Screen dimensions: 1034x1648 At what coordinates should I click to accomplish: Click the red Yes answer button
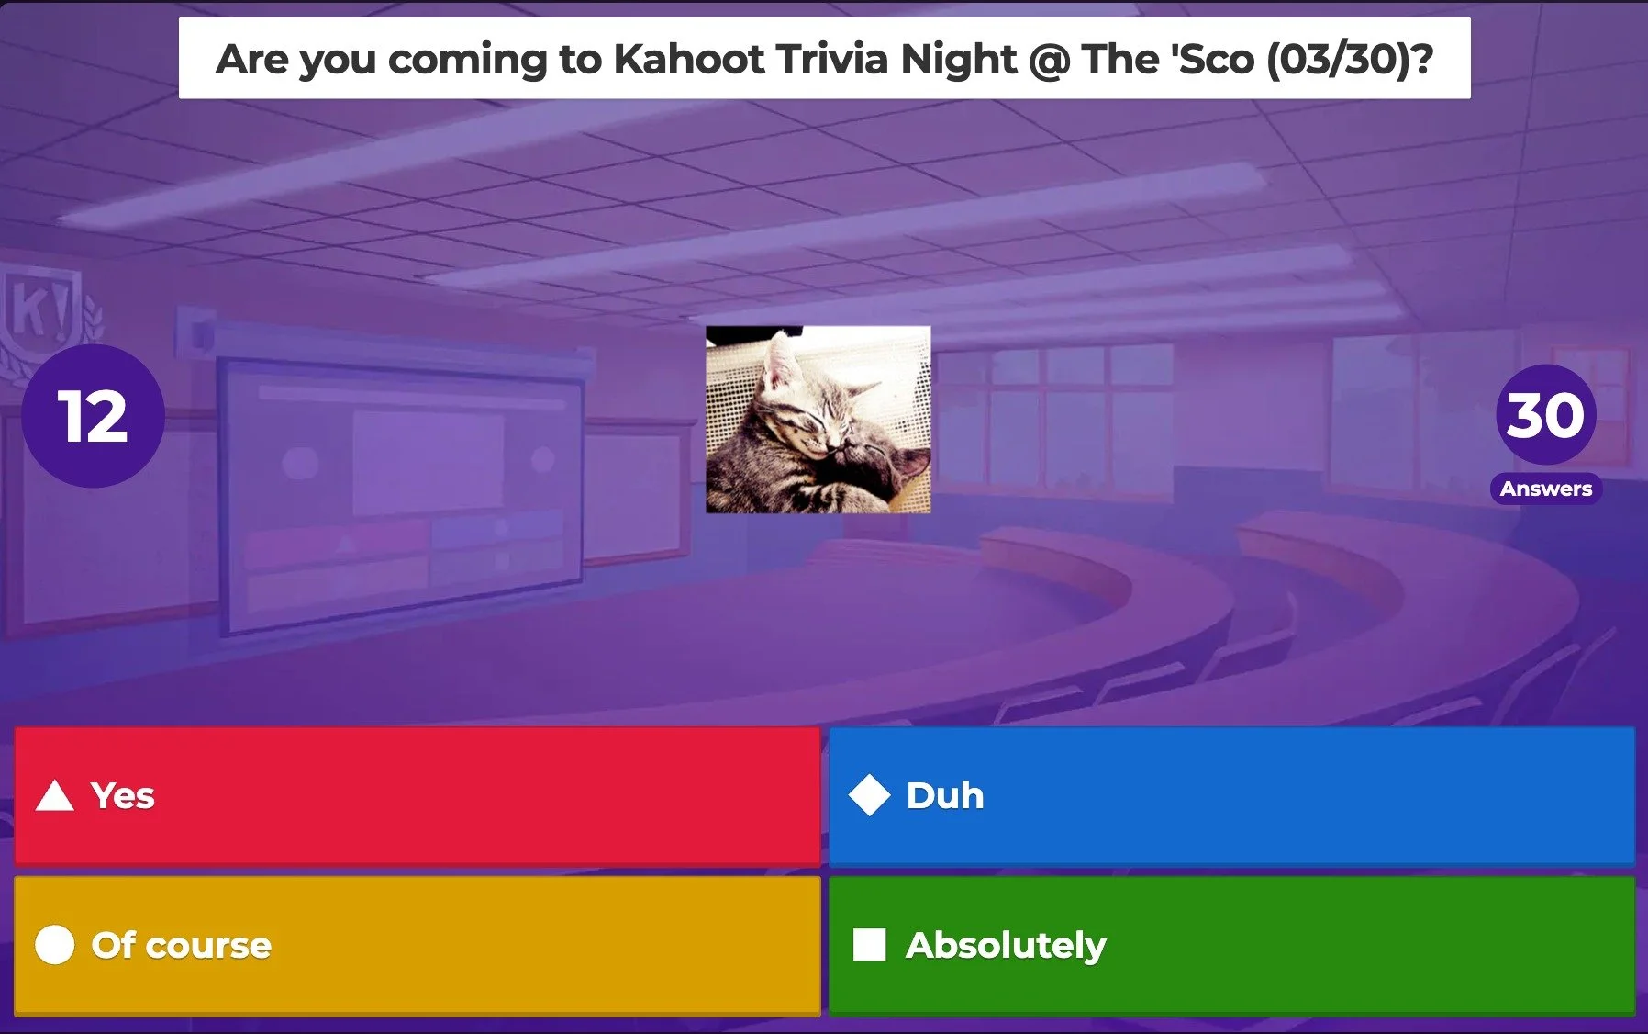417,795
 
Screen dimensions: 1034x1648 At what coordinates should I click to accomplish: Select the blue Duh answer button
1231,795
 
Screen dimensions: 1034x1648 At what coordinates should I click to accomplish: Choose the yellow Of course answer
417,945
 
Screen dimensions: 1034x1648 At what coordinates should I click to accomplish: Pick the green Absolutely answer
1231,945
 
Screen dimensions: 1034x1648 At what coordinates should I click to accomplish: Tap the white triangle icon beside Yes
54,796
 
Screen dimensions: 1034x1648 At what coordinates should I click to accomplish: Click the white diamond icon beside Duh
869,795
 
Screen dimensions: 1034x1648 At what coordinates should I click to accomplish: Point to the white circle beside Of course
54,945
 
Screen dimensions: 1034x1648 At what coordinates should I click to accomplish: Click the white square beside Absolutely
869,945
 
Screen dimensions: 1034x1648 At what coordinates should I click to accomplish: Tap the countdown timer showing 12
93,416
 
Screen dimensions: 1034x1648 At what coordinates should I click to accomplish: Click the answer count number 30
1546,415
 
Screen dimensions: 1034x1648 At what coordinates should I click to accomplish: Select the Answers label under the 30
1546,489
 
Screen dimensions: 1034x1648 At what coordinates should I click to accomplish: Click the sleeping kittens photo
818,420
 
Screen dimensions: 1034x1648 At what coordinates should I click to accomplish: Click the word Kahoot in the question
688,60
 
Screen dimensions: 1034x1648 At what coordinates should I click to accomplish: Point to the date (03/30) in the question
1349,60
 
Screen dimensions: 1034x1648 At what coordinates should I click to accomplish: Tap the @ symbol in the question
1049,60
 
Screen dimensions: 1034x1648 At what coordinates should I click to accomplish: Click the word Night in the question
958,60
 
